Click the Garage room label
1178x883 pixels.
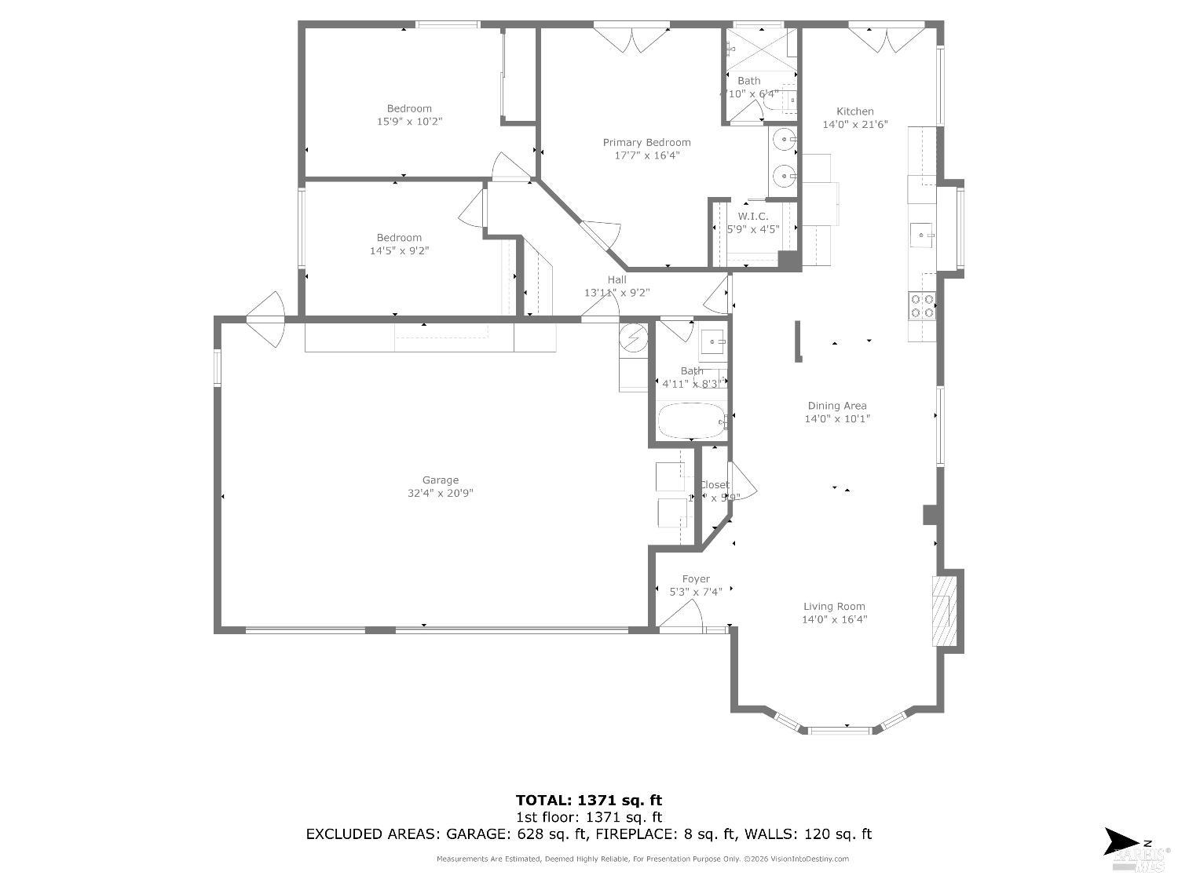(440, 480)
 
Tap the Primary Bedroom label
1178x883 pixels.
(646, 143)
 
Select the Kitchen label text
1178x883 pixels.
(854, 111)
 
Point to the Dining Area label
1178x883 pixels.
(837, 406)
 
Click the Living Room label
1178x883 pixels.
(834, 606)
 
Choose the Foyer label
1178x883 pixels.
(696, 579)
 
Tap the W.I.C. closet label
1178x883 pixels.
(752, 217)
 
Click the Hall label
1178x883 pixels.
(616, 279)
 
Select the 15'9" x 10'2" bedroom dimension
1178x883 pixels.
(409, 122)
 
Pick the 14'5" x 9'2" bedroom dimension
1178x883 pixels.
(399, 251)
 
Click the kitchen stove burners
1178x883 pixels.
(922, 306)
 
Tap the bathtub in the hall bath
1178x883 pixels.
(691, 421)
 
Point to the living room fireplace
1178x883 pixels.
(945, 611)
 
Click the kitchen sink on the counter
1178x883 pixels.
(921, 235)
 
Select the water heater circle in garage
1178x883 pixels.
(633, 338)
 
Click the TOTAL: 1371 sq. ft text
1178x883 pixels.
(588, 801)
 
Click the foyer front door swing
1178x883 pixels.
(680, 616)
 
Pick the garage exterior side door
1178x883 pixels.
(265, 319)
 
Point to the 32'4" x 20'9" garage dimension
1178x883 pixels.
(440, 494)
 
